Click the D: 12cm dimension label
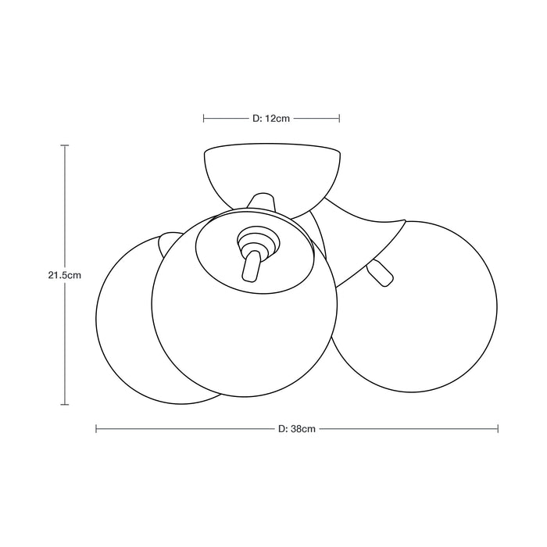point(271,119)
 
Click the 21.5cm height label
point(65,275)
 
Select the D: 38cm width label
point(297,429)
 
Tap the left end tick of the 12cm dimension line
point(204,119)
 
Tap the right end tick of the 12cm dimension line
point(339,119)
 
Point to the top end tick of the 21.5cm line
point(65,145)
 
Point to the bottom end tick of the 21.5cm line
point(65,405)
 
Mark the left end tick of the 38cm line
point(96,429)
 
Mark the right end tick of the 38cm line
point(498,429)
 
